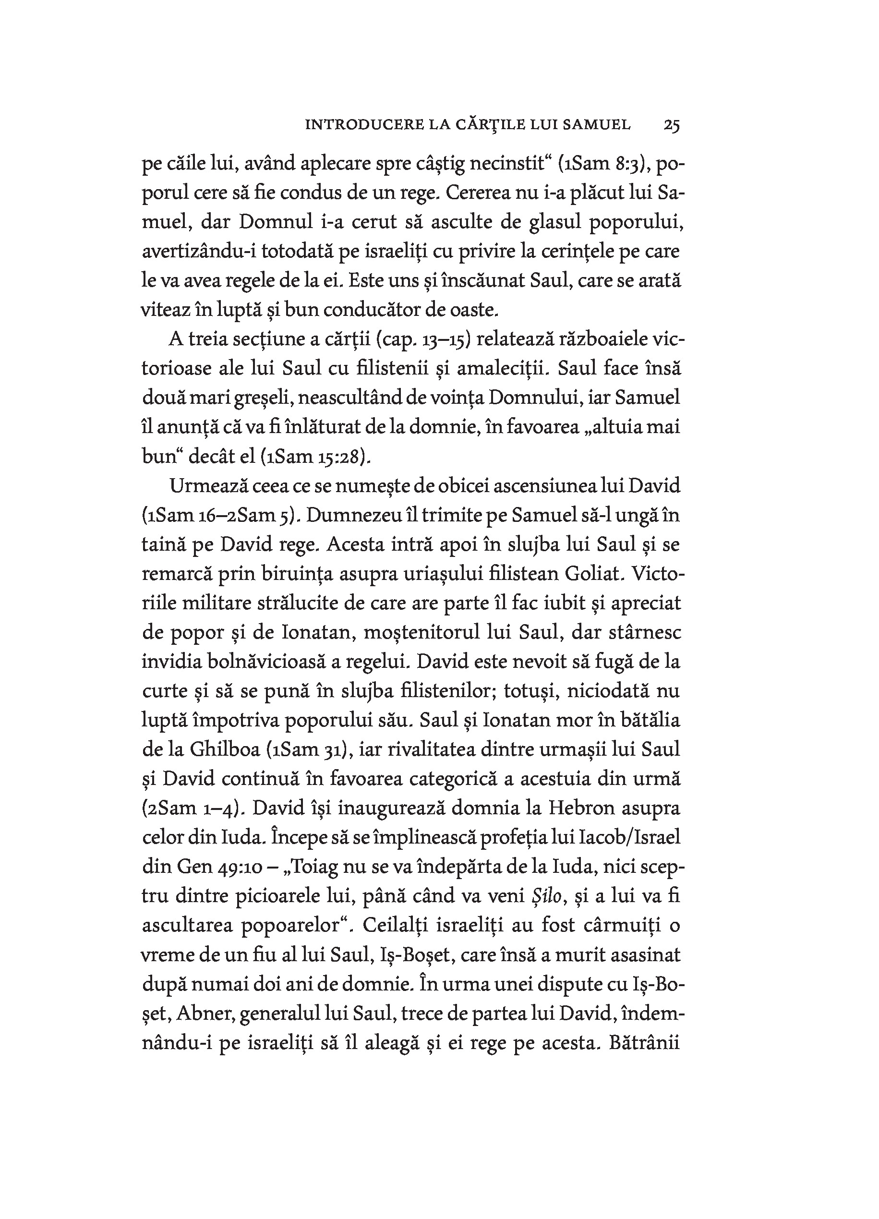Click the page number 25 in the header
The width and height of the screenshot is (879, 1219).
pos(672,125)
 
